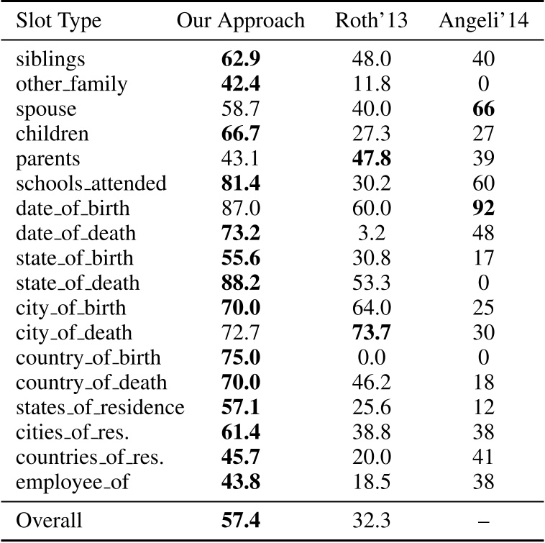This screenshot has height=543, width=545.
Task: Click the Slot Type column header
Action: point(58,22)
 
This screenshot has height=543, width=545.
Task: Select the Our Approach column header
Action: point(241,22)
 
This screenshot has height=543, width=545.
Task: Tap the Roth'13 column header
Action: point(371,20)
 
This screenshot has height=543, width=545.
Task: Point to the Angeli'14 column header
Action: point(483,22)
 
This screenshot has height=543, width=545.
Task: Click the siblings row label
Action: point(50,60)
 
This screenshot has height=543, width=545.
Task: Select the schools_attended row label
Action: point(91,183)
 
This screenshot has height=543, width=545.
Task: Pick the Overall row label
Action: point(49,521)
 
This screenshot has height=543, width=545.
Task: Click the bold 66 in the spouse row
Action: point(483,109)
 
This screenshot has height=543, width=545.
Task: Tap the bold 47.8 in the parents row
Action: point(371,158)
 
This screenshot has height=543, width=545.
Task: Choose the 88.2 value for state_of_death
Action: point(241,283)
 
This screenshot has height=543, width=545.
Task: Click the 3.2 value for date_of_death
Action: point(371,233)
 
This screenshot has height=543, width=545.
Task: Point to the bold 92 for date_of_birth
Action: point(483,209)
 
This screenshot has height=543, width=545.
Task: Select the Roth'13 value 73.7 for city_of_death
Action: point(371,332)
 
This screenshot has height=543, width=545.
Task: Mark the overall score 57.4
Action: point(241,521)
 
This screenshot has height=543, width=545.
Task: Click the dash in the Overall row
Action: point(484,521)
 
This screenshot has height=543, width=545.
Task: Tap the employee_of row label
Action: point(73,482)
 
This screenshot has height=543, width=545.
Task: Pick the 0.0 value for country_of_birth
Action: point(371,357)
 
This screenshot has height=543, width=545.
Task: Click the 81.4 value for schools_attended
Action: point(241,183)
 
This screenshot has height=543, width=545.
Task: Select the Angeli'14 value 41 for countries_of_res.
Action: point(483,457)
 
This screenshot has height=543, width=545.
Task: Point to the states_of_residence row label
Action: point(100,407)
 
